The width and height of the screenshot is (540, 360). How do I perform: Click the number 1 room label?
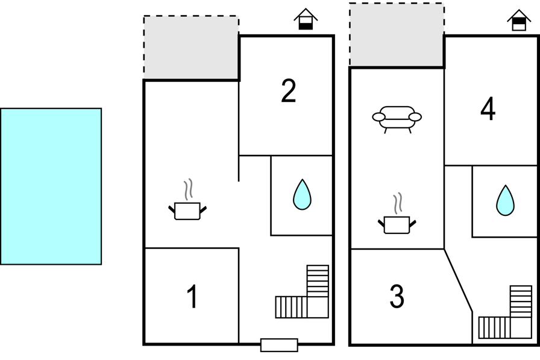[192, 296]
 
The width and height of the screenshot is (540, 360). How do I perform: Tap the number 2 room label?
[289, 90]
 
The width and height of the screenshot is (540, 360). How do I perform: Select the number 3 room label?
[397, 296]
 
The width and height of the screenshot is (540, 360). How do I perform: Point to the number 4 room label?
[488, 109]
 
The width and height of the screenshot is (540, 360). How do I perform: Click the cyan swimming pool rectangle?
[51, 186]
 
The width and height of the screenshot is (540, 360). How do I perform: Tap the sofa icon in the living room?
[397, 119]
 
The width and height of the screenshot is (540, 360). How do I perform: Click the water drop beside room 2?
[302, 194]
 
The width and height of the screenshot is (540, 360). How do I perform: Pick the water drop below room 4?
[505, 200]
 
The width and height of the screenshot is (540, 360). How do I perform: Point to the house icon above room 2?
[306, 19]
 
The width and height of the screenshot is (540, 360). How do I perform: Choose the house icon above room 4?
[519, 20]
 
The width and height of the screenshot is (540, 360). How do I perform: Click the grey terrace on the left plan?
[191, 48]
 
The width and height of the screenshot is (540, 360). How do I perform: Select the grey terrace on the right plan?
[397, 34]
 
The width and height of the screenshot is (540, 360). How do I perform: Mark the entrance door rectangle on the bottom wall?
[279, 345]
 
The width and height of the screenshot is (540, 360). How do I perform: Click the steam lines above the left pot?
[188, 189]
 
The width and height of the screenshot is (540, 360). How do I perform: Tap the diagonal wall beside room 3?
[458, 280]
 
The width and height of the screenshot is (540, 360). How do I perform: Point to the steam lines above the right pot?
[398, 203]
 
